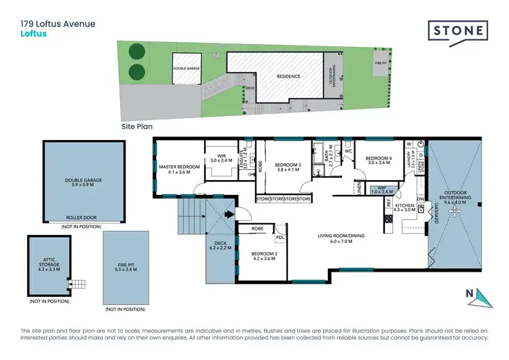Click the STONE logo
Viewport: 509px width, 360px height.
458,31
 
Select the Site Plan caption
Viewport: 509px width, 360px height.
137,126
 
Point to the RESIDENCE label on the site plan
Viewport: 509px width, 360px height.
288,76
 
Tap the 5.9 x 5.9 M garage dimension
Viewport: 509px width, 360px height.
83,184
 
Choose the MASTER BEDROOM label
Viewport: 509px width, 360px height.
179,166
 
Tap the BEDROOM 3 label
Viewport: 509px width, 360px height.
288,165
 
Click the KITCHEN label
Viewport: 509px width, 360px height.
404,205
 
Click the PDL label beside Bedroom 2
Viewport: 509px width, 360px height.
280,237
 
